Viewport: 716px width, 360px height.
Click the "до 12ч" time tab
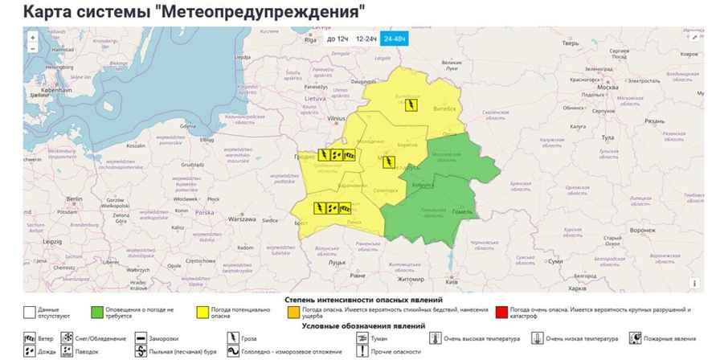[x=337, y=39]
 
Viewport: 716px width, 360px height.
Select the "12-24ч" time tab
[x=366, y=39]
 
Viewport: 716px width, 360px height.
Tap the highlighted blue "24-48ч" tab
[x=395, y=39]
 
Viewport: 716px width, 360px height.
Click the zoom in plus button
[x=32, y=37]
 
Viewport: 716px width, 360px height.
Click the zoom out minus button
[x=32, y=48]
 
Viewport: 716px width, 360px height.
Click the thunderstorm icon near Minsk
[x=389, y=164]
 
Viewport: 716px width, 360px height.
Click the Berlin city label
[x=76, y=198]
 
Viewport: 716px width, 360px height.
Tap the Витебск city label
[x=445, y=108]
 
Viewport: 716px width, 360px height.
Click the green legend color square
[x=97, y=311]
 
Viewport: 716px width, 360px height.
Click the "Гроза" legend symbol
[x=235, y=338]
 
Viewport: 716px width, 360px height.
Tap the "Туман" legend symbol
[x=362, y=338]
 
